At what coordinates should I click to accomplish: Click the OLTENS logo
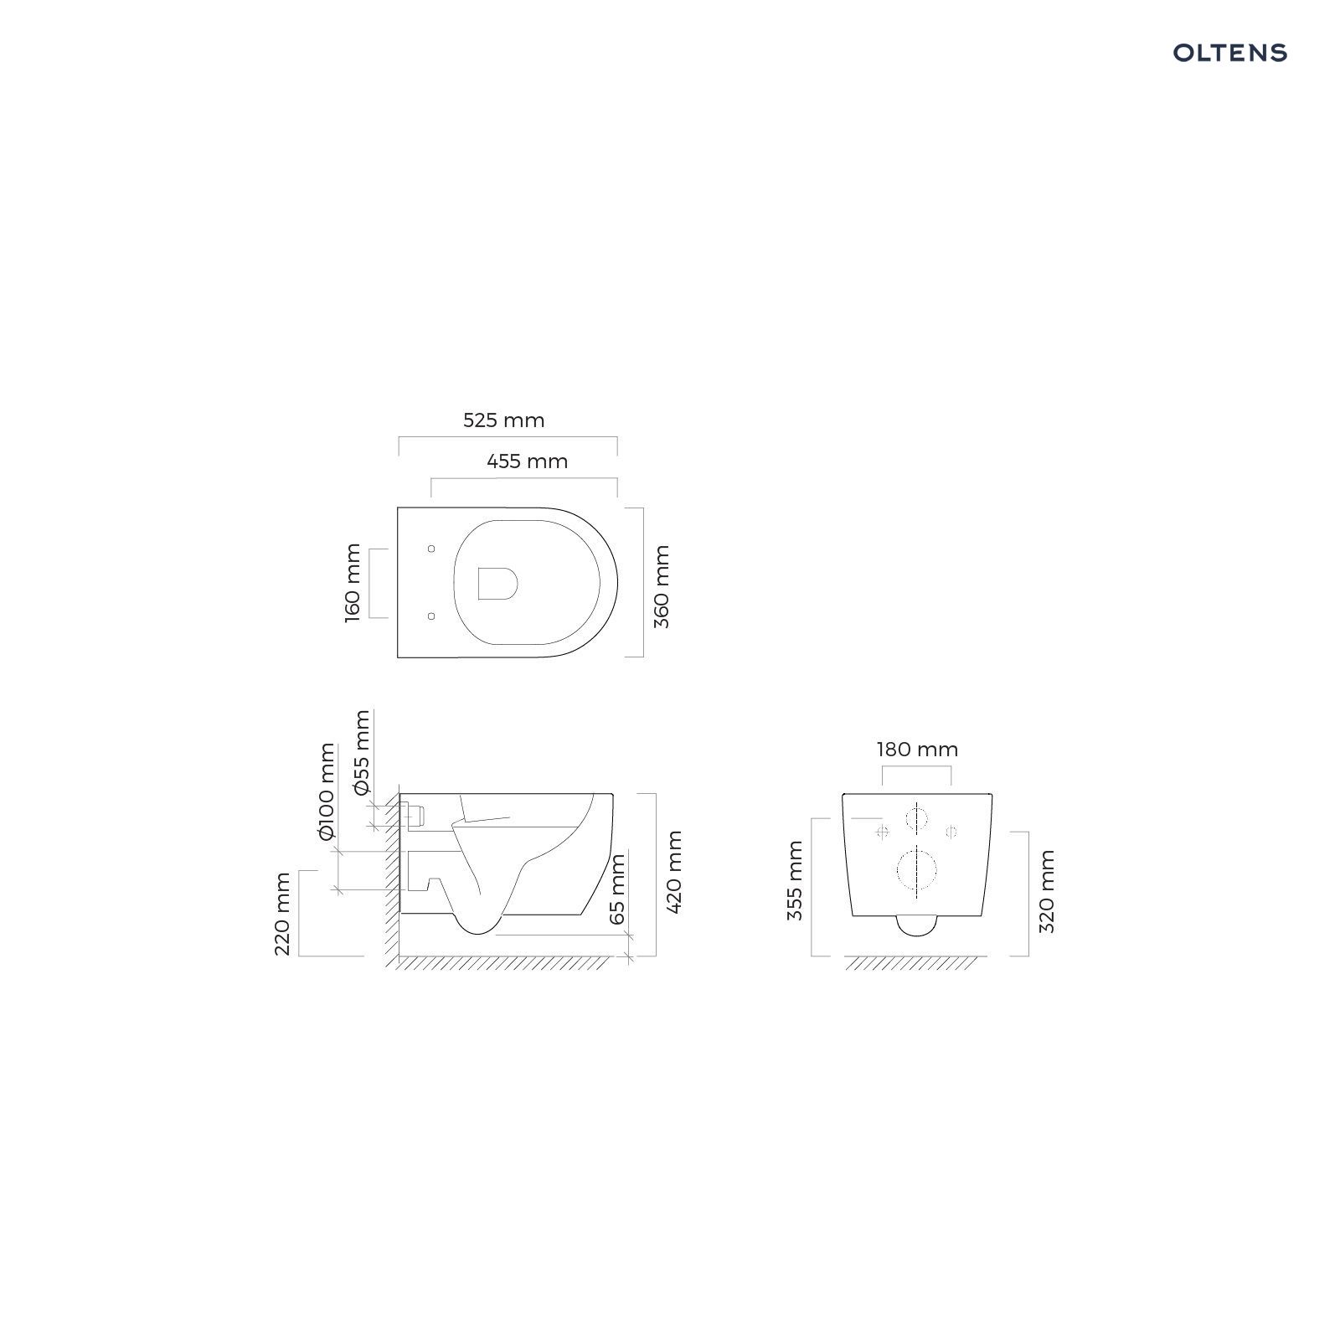(1229, 53)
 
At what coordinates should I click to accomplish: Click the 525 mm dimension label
(504, 420)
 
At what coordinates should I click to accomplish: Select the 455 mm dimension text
(528, 461)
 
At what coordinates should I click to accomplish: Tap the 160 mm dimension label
(353, 583)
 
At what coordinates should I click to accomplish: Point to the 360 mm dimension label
(662, 587)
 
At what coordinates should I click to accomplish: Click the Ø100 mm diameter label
(326, 791)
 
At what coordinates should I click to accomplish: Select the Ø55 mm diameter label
(361, 752)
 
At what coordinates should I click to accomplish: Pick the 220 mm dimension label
(283, 914)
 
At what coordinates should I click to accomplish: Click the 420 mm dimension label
(675, 872)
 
